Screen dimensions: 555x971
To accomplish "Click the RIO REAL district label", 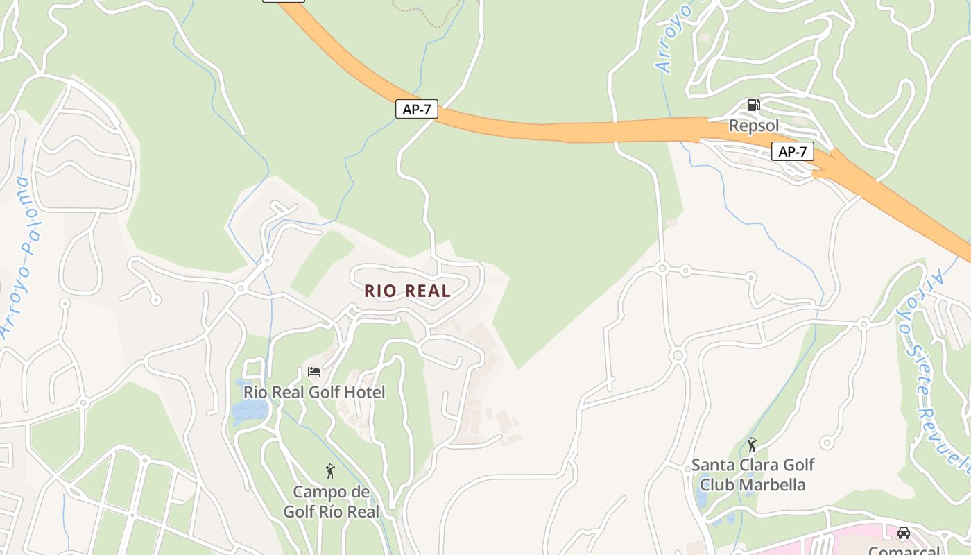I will (x=408, y=291).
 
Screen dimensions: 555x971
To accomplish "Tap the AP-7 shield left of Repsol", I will (x=417, y=109).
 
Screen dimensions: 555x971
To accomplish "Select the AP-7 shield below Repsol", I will (x=793, y=151).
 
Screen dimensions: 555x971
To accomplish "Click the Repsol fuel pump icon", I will (x=753, y=105).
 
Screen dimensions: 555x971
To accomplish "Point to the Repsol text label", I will (x=754, y=126).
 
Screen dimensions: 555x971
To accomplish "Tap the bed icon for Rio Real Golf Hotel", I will (x=314, y=372).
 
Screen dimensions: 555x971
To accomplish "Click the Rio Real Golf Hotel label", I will (x=314, y=392).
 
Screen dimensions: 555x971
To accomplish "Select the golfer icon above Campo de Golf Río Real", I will (x=330, y=472).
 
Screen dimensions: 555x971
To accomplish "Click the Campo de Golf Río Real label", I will (x=332, y=502).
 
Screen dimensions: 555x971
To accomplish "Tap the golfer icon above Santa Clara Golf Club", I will (x=752, y=445).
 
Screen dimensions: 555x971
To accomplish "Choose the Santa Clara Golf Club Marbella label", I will (x=753, y=475).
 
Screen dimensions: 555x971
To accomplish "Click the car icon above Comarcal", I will (x=903, y=533).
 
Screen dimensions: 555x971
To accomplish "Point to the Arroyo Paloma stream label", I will (x=21, y=257).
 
